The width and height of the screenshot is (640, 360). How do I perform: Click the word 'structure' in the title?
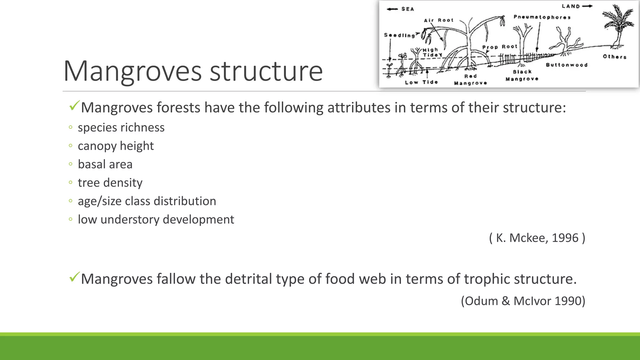266,71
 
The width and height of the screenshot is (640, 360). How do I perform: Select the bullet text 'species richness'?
121,127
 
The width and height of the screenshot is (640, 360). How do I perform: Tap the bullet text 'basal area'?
105,164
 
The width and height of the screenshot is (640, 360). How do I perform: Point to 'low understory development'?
156,219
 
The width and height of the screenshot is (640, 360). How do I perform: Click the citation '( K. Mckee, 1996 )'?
537,238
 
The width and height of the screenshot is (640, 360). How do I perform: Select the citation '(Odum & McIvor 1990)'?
523,301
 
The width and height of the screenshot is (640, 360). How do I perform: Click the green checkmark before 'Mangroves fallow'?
74,277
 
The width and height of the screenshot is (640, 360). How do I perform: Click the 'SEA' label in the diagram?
407,9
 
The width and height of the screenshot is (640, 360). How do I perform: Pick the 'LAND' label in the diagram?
571,6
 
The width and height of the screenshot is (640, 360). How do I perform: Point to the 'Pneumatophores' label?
542,17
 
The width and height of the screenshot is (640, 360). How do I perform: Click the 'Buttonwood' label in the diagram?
567,65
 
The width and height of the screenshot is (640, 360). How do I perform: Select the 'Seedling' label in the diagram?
399,35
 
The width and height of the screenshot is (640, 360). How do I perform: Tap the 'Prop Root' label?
500,47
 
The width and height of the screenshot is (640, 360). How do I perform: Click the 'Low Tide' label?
421,82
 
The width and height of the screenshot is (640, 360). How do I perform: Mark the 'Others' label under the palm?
614,57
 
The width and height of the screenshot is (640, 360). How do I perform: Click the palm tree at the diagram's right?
618,25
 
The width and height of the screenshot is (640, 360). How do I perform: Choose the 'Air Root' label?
438,20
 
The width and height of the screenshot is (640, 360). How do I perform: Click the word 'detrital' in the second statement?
248,279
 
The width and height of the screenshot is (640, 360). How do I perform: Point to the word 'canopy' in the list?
97,146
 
